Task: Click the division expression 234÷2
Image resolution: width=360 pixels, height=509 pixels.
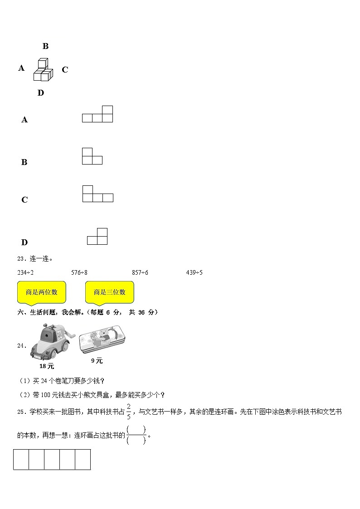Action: pos(25,272)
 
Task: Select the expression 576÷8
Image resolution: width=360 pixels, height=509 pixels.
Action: pos(79,272)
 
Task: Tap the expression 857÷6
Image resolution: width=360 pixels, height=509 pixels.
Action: pos(140,272)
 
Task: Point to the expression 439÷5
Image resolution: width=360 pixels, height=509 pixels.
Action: pos(194,272)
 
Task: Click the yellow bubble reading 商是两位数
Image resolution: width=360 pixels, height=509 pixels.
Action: pos(41,292)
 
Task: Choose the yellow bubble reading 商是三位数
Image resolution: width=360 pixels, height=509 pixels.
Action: pos(109,292)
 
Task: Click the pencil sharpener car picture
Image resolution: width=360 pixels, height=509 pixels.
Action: pos(49,343)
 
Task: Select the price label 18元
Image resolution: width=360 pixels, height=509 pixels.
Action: pos(47,366)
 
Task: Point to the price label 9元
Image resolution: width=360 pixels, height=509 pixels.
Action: pos(97,361)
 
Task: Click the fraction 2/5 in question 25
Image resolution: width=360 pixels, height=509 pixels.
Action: pos(129,411)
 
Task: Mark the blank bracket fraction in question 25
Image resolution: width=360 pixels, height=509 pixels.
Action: pos(136,435)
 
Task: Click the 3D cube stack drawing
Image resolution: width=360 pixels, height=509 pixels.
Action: pos(43,69)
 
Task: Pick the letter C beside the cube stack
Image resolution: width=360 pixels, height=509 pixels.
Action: pos(65,70)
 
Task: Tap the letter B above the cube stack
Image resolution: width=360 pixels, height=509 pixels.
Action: pos(45,46)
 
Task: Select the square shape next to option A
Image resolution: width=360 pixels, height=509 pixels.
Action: pos(97,114)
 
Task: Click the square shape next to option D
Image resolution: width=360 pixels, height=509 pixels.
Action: pos(97,237)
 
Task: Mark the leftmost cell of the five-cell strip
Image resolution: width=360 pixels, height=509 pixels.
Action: pos(21,459)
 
